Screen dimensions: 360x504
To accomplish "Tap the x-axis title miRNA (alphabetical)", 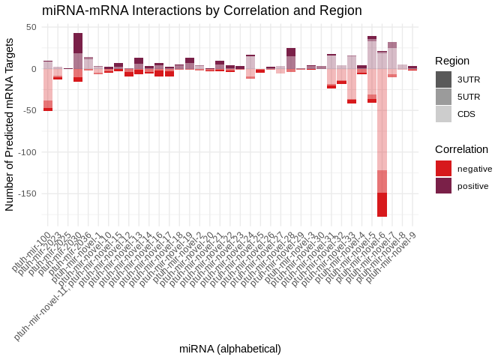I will [x=230, y=349].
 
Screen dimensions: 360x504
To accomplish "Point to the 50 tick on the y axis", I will [x=31, y=27].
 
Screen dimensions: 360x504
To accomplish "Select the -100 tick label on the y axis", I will [x=25, y=151].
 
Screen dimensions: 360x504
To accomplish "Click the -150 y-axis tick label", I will [x=25, y=193].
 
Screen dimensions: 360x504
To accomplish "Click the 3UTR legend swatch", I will [x=443, y=79].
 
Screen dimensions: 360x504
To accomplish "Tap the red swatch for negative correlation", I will [x=443, y=169].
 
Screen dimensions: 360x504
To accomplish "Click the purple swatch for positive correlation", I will [x=443, y=186].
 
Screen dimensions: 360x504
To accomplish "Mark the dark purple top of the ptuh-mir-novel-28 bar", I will [x=291, y=52].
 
